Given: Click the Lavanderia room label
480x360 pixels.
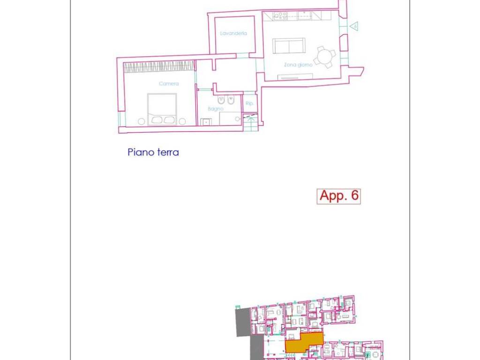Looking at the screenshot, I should (x=233, y=33).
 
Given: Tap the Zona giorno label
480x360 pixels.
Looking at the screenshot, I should (x=298, y=65).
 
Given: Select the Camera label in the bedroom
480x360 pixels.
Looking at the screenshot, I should (x=169, y=84).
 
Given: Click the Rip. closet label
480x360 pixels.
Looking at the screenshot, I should (x=249, y=103).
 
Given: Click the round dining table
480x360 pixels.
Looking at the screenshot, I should (x=324, y=57).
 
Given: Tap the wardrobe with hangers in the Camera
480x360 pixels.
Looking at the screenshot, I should (x=159, y=66).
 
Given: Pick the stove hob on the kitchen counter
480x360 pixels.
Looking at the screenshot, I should (x=280, y=15).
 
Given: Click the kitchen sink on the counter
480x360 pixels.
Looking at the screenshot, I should (x=305, y=15).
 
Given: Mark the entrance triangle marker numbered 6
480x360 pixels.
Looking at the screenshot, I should (x=354, y=26).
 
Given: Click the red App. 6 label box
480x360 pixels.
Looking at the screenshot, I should (x=338, y=196).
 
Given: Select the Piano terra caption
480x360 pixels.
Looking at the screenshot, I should (x=153, y=152).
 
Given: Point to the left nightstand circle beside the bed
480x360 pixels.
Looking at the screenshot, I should (x=141, y=121).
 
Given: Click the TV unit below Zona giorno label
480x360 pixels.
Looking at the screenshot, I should (x=295, y=77).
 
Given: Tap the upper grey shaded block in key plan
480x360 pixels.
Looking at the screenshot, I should (x=243, y=322).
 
